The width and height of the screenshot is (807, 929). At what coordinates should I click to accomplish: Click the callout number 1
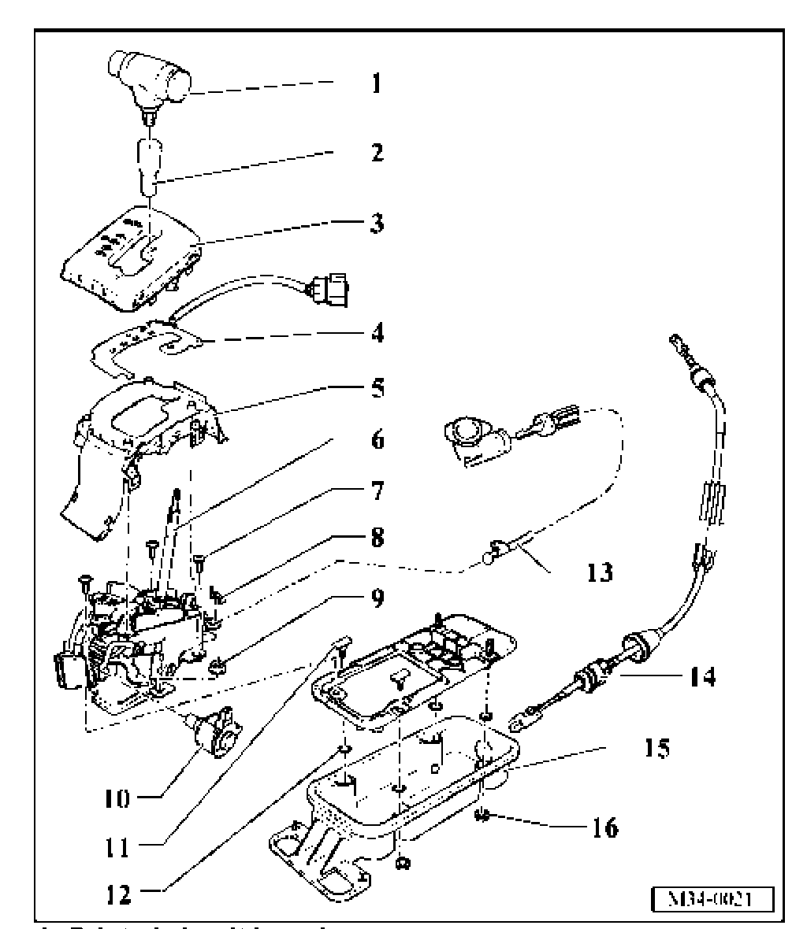coord(376,83)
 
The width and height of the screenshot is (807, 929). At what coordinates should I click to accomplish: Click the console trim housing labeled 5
coord(142,441)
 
